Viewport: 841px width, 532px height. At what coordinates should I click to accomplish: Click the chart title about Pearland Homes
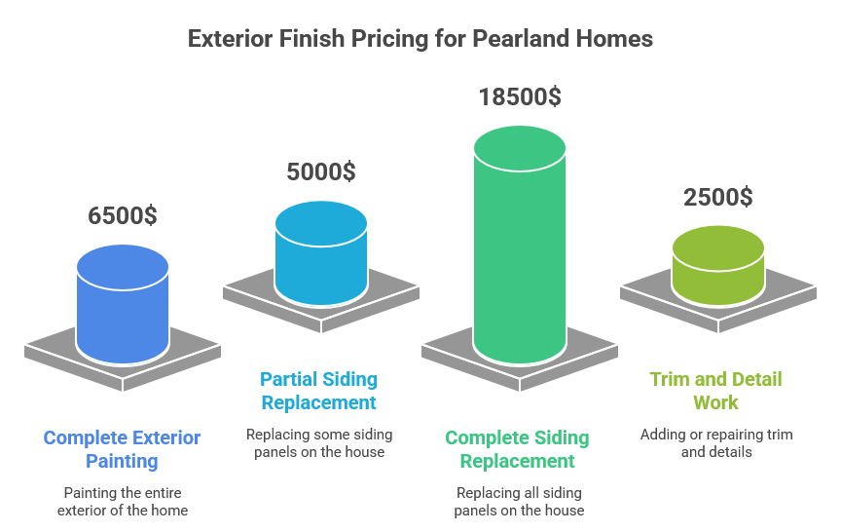420,39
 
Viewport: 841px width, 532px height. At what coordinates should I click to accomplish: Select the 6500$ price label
123,215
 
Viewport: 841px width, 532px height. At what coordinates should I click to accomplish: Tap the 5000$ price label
320,171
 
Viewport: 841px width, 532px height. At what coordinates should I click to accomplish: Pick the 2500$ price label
717,196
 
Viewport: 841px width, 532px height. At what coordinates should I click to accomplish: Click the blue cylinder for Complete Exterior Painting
123,312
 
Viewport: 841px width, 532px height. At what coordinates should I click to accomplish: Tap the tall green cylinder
520,253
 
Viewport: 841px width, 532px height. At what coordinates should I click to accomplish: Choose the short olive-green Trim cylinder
718,269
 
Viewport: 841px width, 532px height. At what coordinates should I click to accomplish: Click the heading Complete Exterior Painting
123,449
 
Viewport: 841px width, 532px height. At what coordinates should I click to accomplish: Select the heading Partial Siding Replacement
318,391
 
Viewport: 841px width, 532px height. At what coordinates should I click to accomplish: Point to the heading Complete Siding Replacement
518,449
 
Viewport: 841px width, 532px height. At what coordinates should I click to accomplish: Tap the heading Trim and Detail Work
716,391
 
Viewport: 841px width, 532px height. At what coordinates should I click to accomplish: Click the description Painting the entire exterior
123,502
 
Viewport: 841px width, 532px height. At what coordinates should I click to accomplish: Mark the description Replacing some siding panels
318,443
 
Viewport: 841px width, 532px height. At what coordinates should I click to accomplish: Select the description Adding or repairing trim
716,443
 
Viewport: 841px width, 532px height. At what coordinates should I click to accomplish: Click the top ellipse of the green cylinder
520,146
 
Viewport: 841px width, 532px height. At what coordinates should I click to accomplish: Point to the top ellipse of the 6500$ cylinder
123,266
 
